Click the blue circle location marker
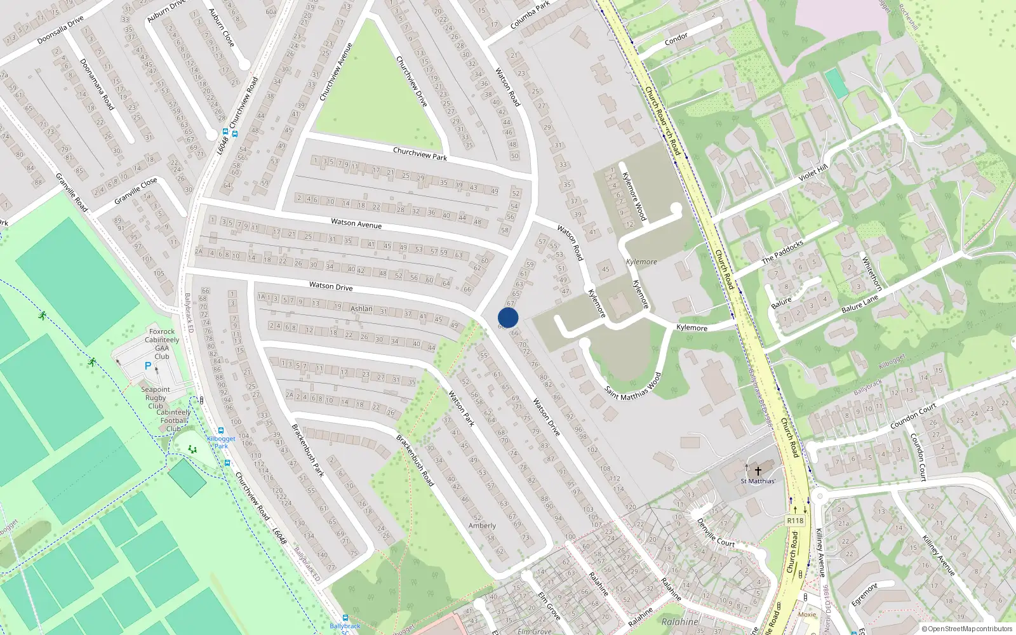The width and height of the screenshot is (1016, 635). pos(508,317)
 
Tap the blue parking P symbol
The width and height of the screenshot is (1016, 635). pos(148,366)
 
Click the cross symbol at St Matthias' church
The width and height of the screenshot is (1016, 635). pos(758,471)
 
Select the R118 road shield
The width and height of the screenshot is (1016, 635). pos(795,521)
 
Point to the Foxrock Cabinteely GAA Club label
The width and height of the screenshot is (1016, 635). pos(162,344)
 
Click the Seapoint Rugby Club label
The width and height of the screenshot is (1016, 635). pos(156,398)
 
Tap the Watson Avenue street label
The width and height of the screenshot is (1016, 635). pos(356,224)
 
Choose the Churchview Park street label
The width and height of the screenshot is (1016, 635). pos(420,154)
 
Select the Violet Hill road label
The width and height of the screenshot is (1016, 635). pos(813,172)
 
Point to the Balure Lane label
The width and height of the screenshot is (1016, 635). pos(860,303)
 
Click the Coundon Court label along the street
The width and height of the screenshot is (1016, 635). pos(914,415)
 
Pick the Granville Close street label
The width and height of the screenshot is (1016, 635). pos(135,191)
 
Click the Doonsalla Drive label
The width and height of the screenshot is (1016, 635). pos(60,30)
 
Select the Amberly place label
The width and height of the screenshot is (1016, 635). pos(483,526)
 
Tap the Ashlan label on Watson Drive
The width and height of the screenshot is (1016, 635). pos(361,309)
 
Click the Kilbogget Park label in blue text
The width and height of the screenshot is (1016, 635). pos(221,442)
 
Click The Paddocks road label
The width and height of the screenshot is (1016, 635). pos(782,251)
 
